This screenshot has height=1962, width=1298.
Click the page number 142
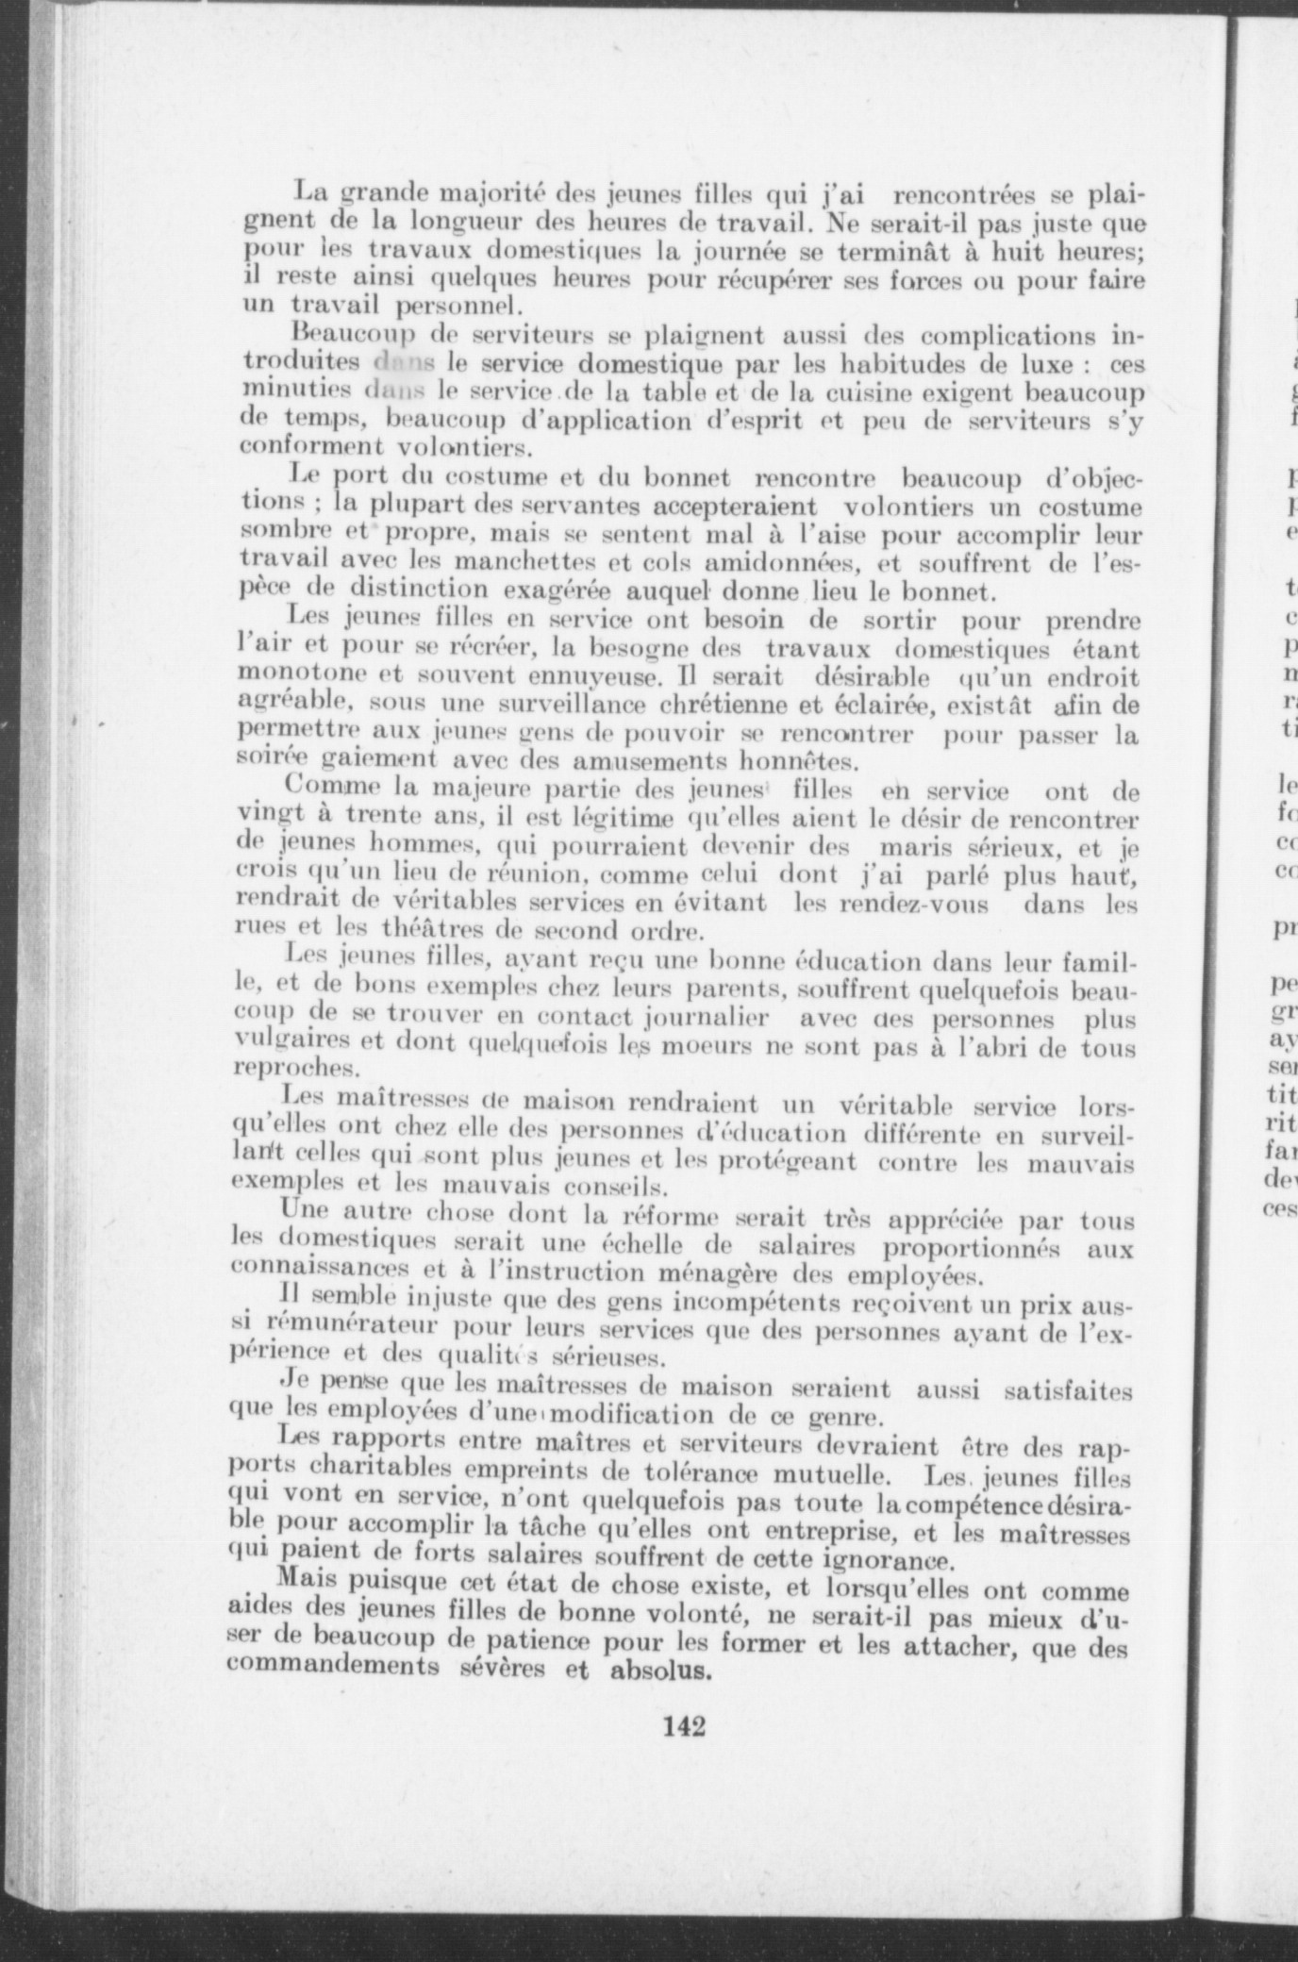click(685, 1727)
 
